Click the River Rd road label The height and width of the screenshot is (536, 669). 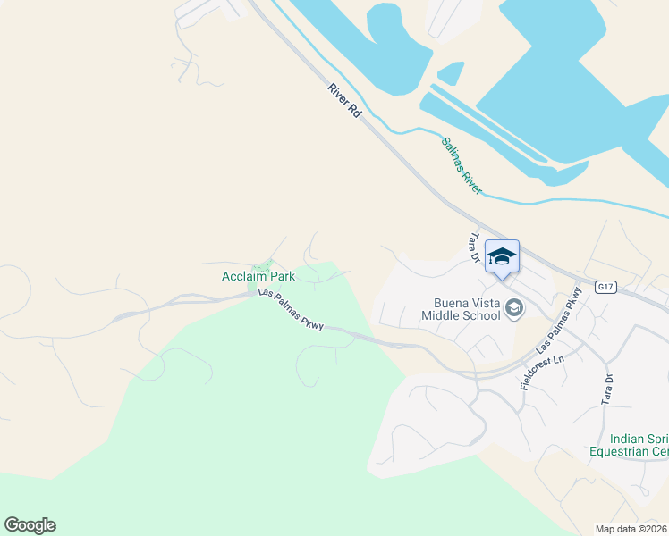pos(343,100)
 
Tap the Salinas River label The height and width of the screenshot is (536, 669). pos(461,165)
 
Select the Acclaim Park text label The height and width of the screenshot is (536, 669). pos(258,277)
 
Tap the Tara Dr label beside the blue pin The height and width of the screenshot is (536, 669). pos(476,248)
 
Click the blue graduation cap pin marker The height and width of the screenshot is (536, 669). pos(502,256)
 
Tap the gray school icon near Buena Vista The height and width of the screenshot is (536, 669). pos(513,308)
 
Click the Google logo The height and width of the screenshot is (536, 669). pos(30,525)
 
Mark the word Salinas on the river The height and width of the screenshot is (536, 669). pos(453,153)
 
